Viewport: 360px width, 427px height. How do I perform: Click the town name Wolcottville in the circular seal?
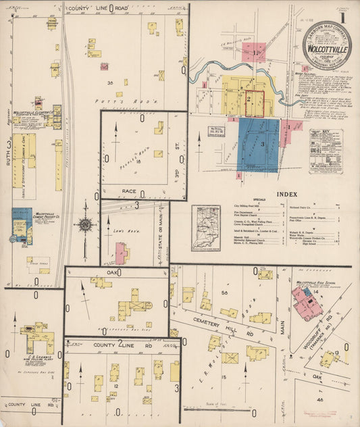[327, 51]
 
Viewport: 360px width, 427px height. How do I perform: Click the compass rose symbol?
[85, 225]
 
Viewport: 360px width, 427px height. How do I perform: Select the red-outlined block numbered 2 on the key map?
[253, 103]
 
